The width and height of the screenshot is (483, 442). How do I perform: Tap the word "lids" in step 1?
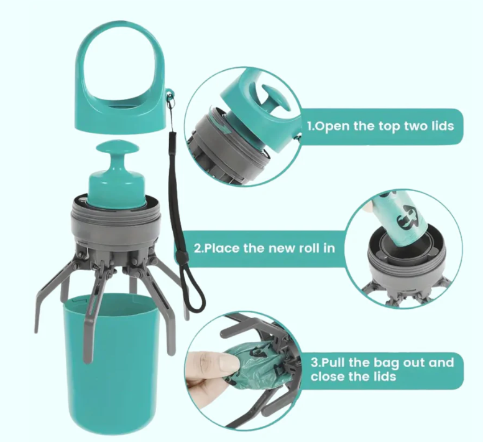[442, 126]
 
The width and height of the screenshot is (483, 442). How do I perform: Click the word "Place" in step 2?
[221, 248]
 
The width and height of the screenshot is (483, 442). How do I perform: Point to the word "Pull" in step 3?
[333, 362]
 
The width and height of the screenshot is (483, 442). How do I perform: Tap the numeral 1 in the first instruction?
[310, 126]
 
